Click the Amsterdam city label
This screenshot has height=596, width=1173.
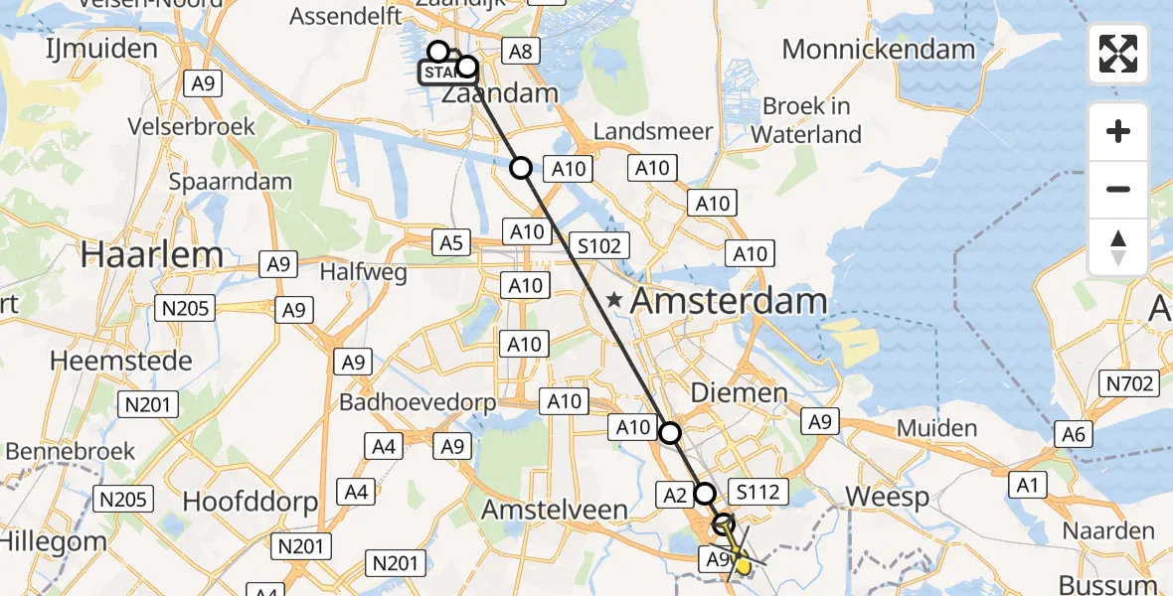[730, 301]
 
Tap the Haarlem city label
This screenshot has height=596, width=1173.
[152, 255]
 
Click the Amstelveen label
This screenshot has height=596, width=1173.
[555, 511]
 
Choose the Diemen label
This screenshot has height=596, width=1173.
[739, 392]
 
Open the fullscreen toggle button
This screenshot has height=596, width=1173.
[1118, 54]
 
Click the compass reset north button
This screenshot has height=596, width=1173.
[1118, 247]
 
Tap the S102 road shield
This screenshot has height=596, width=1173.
[600, 245]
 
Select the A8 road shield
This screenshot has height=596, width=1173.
[520, 52]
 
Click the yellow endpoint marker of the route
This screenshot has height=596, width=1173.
[742, 565]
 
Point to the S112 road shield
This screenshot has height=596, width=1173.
[758, 491]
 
